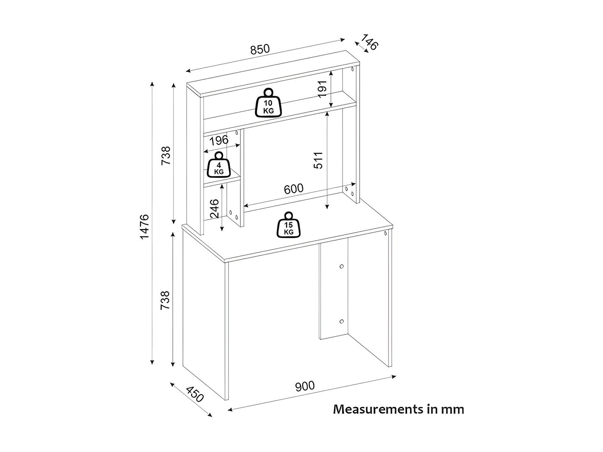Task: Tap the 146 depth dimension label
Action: coord(369,42)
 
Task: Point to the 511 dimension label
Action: coord(318,160)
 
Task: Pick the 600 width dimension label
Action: coord(293,188)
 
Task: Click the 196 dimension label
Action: coord(219,140)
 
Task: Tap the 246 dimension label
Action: coord(214,209)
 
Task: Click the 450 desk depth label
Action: coord(195,394)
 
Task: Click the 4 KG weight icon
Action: coord(219,165)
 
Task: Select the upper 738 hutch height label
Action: coord(166,155)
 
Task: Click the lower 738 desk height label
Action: coord(166,300)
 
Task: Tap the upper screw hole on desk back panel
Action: coord(341,266)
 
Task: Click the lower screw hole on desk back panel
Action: coord(341,322)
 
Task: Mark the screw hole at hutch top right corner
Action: coord(352,69)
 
